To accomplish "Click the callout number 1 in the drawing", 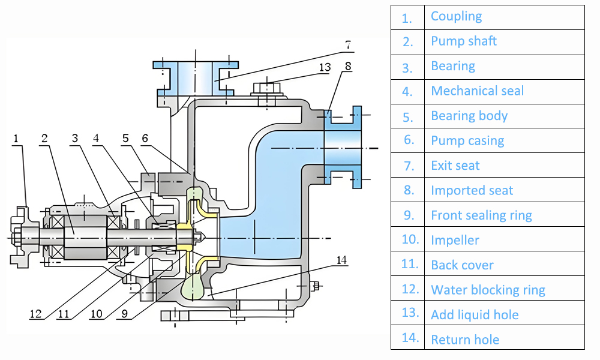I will point(16,139).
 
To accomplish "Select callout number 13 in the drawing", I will point(325,67).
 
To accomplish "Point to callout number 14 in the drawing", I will point(341,260).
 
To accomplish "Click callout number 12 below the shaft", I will point(36,313).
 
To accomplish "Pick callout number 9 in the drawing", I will point(122,313).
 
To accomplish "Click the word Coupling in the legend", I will point(456,16).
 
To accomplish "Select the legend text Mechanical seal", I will point(477,91).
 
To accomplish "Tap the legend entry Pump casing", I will point(467,141).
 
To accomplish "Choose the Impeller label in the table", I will point(455,240).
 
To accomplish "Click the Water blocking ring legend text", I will point(488,290).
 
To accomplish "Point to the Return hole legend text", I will point(465,340).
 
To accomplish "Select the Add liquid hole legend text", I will point(475,314).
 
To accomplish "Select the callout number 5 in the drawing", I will point(125,139).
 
